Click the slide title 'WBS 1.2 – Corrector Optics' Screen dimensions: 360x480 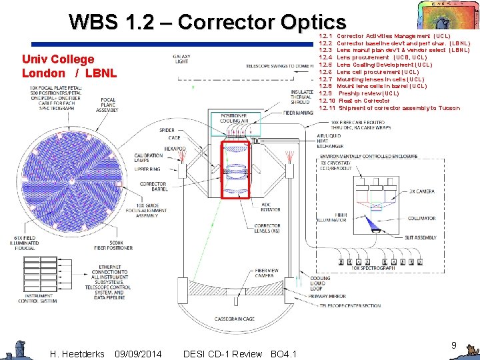207,23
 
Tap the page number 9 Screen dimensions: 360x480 453,345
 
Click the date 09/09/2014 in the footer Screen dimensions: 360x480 138,353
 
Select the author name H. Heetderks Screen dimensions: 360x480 77,353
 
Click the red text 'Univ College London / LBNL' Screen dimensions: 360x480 58,66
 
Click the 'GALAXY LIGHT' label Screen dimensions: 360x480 181,59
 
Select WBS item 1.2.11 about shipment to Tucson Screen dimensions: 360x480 390,108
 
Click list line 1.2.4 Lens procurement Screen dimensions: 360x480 373,57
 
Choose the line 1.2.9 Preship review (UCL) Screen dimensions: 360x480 360,93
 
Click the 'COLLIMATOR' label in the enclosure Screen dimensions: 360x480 421,218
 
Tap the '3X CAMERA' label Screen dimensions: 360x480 422,192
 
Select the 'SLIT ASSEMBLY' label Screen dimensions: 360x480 421,237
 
